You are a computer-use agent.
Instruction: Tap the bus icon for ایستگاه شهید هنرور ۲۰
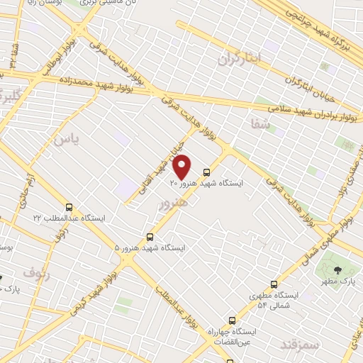tap(206, 172)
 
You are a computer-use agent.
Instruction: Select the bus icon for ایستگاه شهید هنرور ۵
tap(150, 237)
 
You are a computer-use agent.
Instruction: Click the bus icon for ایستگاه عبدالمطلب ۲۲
tap(69, 207)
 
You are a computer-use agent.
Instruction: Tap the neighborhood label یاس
tap(64, 139)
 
